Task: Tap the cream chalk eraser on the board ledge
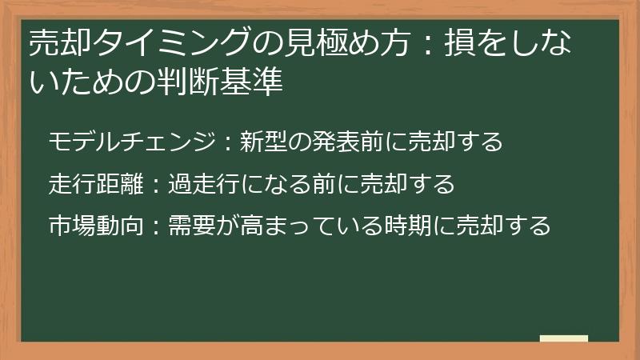[564, 338]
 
